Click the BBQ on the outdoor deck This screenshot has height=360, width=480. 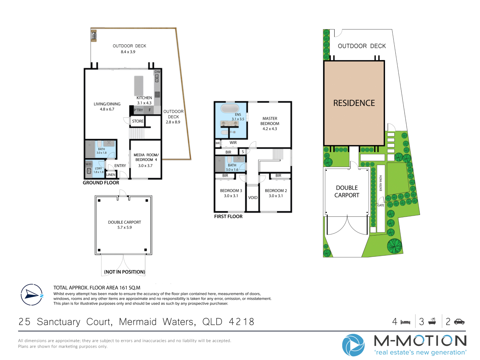tap(94, 36)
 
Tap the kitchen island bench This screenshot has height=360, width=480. tap(139, 86)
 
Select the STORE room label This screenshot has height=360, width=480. tap(138, 121)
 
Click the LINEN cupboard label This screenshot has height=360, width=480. tap(111, 175)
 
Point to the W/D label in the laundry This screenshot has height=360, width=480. tap(88, 164)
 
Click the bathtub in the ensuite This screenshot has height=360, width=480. tap(230, 108)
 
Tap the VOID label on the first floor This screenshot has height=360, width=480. tap(253, 197)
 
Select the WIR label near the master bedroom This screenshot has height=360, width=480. tap(233, 143)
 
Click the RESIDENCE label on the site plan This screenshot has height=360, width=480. tap(354, 103)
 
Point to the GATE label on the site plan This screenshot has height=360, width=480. tap(381, 205)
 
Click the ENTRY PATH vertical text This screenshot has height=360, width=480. tap(381, 183)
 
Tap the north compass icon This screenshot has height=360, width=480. tap(32, 295)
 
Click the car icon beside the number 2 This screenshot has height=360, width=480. tap(459, 322)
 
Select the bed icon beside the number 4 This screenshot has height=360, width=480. tap(406, 322)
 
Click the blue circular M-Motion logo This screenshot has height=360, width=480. tap(353, 345)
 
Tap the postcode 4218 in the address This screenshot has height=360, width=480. tap(241, 322)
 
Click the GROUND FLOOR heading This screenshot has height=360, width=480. tap(101, 183)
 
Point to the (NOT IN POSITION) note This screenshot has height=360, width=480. tap(124, 272)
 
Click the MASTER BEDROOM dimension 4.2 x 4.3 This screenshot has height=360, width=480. tap(269, 129)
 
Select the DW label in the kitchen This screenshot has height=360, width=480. tap(157, 72)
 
